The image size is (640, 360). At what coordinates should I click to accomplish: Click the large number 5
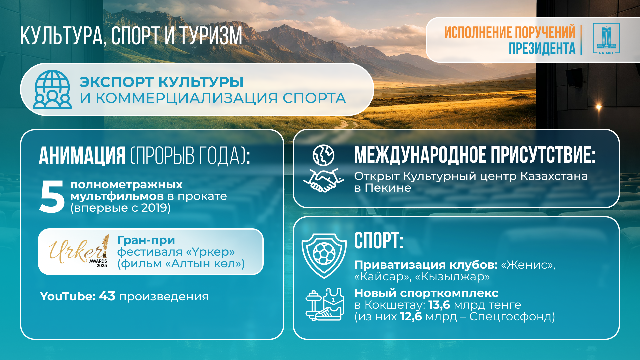(x=52, y=196)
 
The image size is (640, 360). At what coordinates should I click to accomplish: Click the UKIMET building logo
(x=606, y=39)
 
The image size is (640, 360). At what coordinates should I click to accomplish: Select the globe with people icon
(x=52, y=89)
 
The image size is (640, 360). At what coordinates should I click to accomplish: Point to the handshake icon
(x=323, y=180)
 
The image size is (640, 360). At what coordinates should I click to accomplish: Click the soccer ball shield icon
(x=324, y=256)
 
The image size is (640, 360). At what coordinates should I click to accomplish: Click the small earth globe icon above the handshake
(x=323, y=155)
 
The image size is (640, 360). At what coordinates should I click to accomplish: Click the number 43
(x=107, y=296)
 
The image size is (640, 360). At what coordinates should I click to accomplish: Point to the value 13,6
(x=439, y=305)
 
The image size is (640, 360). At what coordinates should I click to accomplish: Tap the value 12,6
(x=411, y=316)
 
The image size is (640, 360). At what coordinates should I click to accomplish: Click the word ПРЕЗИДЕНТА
(x=542, y=48)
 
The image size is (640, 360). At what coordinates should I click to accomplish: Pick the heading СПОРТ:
(x=379, y=240)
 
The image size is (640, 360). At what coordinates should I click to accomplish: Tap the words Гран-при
(x=146, y=240)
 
